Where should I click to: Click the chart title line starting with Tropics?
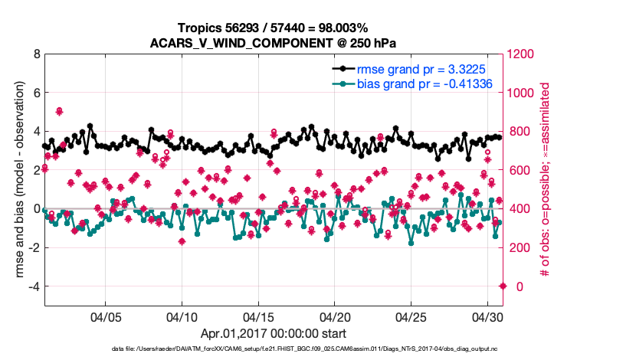click(x=274, y=28)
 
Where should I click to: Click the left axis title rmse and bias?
click(x=16, y=180)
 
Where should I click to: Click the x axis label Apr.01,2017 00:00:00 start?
click(x=274, y=333)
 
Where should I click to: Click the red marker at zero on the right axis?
click(x=503, y=286)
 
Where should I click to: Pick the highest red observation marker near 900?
click(x=59, y=111)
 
